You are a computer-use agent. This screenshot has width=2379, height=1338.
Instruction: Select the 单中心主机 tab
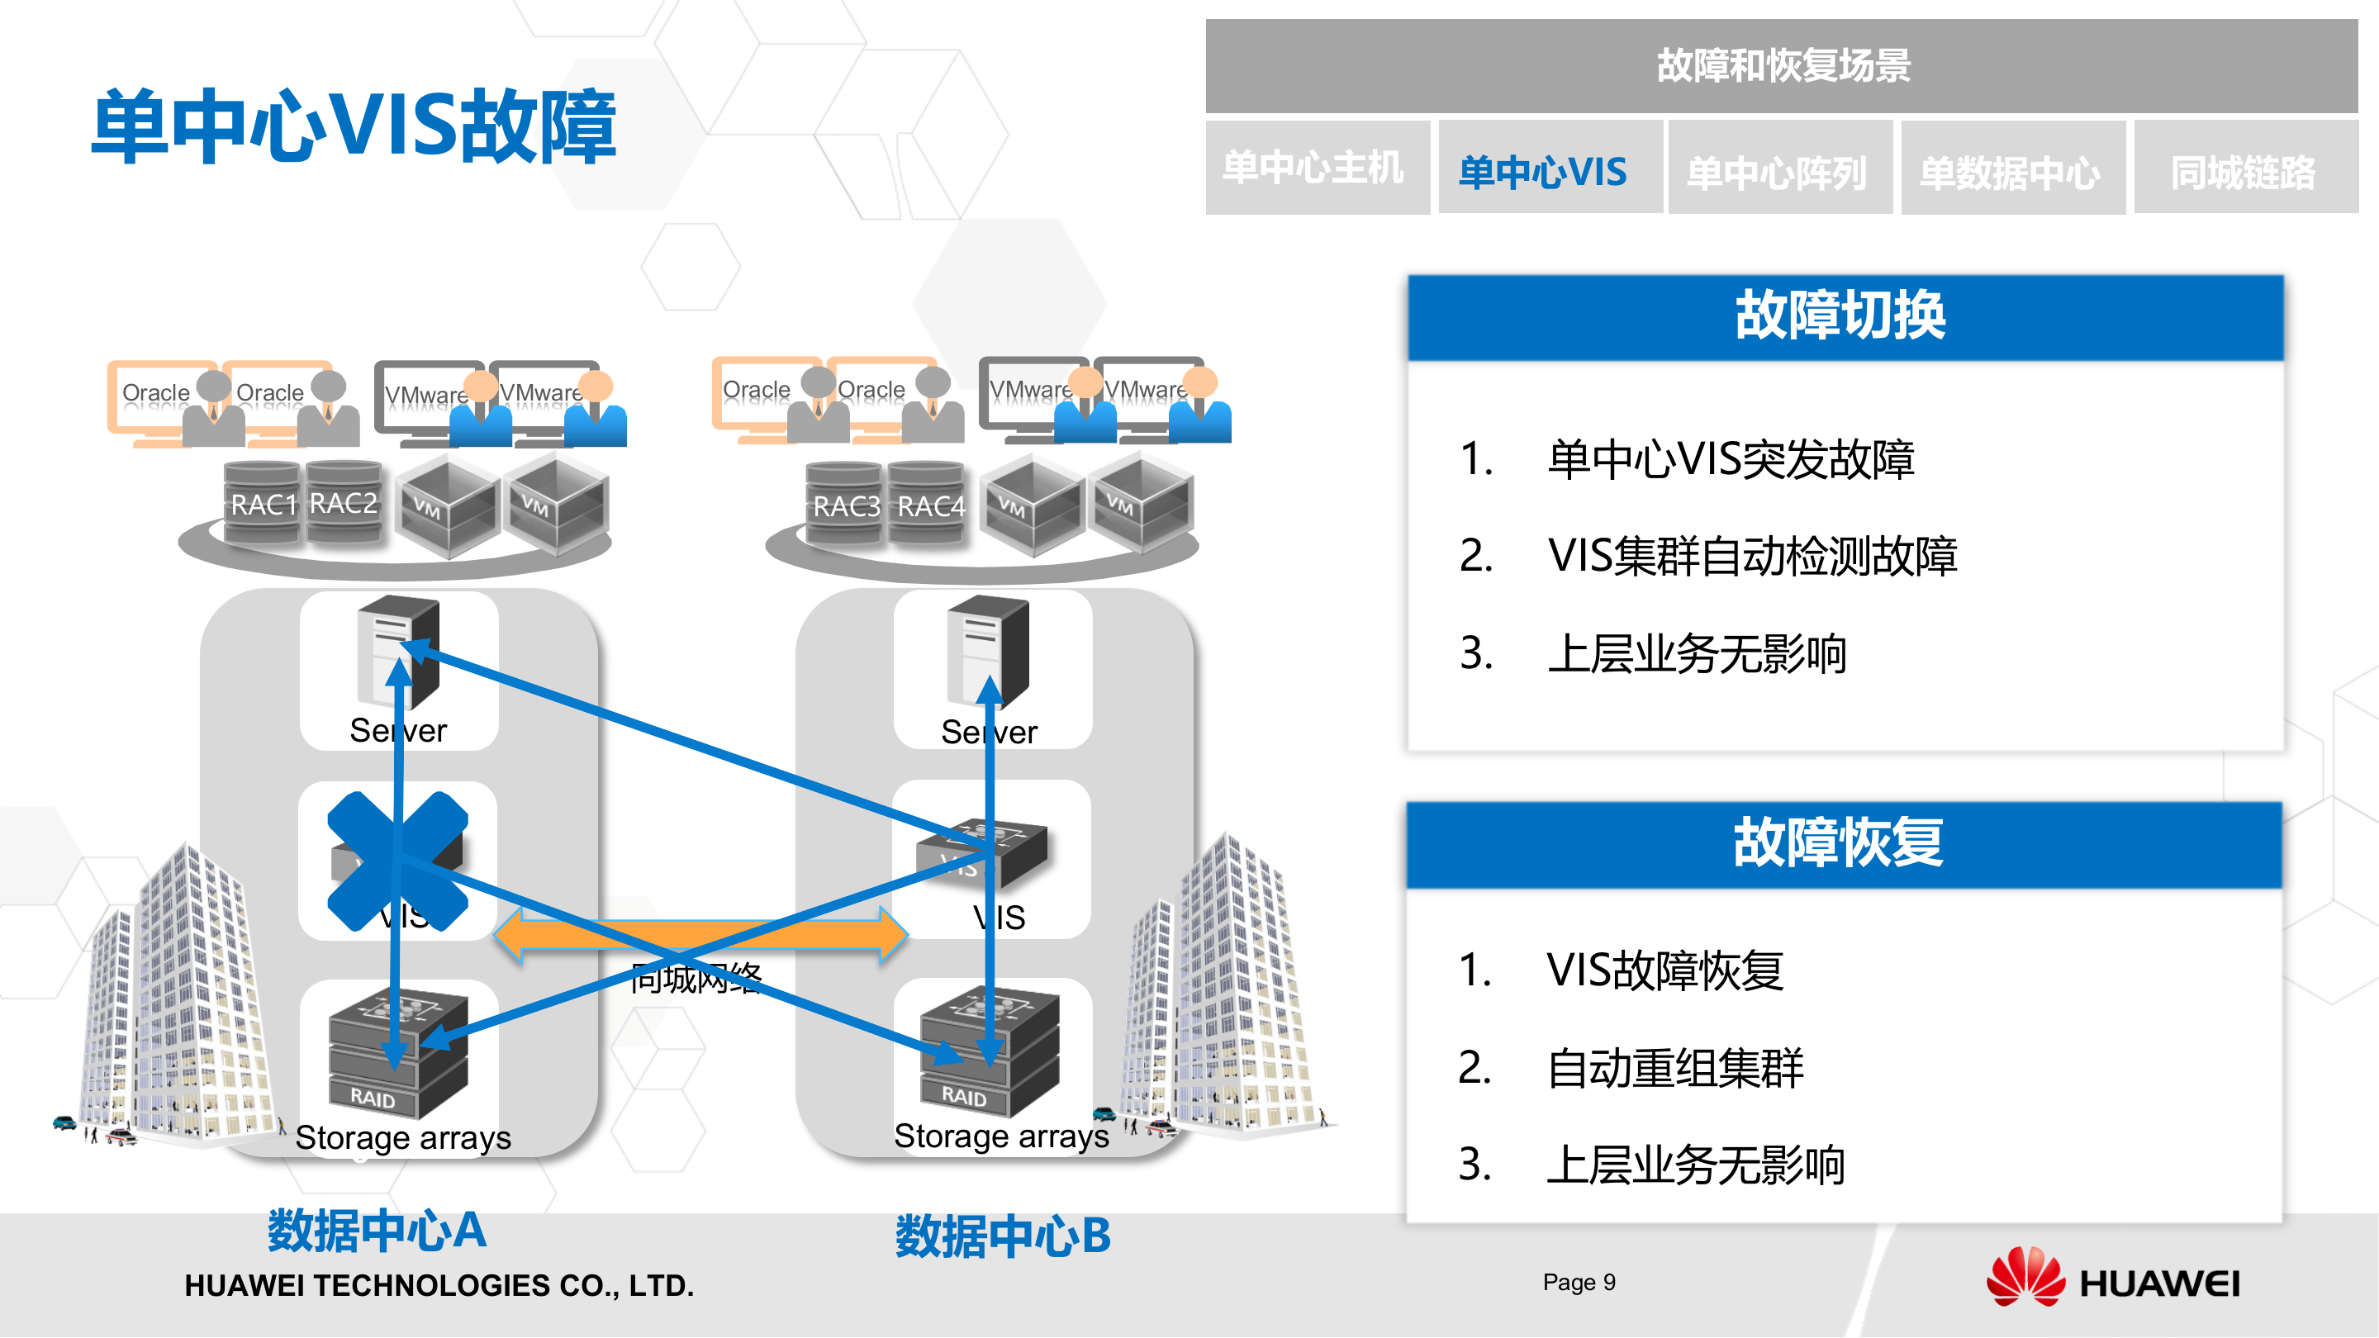point(1316,168)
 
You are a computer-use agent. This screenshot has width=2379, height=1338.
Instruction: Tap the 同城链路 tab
point(2244,170)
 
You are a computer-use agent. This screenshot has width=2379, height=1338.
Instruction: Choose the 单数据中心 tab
point(2011,170)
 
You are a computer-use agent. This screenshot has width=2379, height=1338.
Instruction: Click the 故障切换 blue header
point(1844,316)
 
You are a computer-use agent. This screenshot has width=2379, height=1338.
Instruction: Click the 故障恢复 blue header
point(1841,843)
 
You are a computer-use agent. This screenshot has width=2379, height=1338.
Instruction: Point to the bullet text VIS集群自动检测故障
point(1752,556)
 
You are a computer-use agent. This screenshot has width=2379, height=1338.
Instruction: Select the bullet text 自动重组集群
point(1674,1067)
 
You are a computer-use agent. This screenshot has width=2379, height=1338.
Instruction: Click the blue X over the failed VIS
point(397,861)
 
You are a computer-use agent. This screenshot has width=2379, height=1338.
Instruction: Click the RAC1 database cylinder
point(263,503)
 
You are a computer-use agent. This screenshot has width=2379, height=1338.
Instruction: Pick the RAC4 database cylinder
point(929,505)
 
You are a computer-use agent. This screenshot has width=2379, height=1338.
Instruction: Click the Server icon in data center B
point(986,652)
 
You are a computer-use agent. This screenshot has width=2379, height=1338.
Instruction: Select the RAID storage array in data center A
point(397,1053)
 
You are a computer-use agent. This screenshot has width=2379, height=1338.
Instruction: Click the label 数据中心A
point(376,1231)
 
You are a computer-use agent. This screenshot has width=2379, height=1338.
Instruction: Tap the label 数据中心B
point(1003,1236)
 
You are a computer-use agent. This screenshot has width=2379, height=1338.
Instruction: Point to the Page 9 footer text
point(1579,1283)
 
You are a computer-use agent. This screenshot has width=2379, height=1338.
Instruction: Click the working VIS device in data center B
point(981,852)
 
